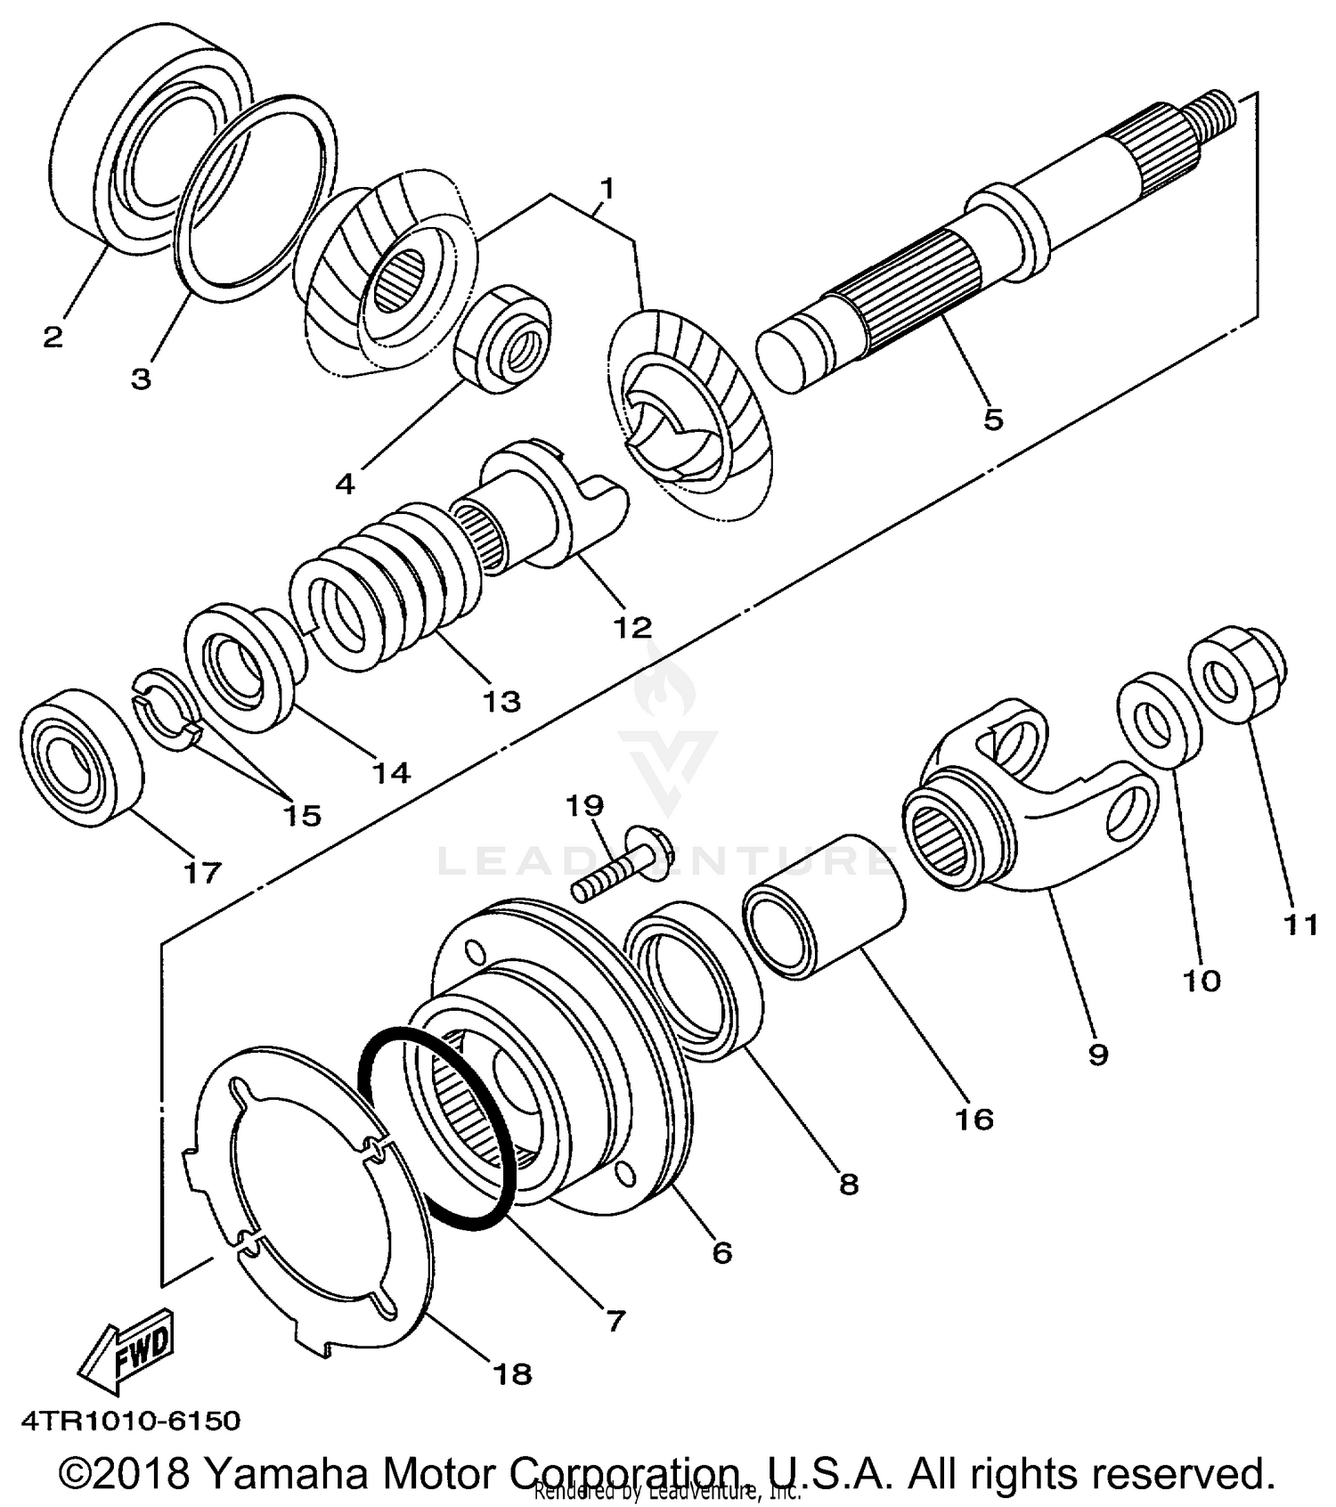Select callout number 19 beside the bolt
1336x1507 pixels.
point(584,806)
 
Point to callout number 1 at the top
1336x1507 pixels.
point(607,188)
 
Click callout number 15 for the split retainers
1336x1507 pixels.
point(301,815)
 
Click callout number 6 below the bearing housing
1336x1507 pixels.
point(721,1252)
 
